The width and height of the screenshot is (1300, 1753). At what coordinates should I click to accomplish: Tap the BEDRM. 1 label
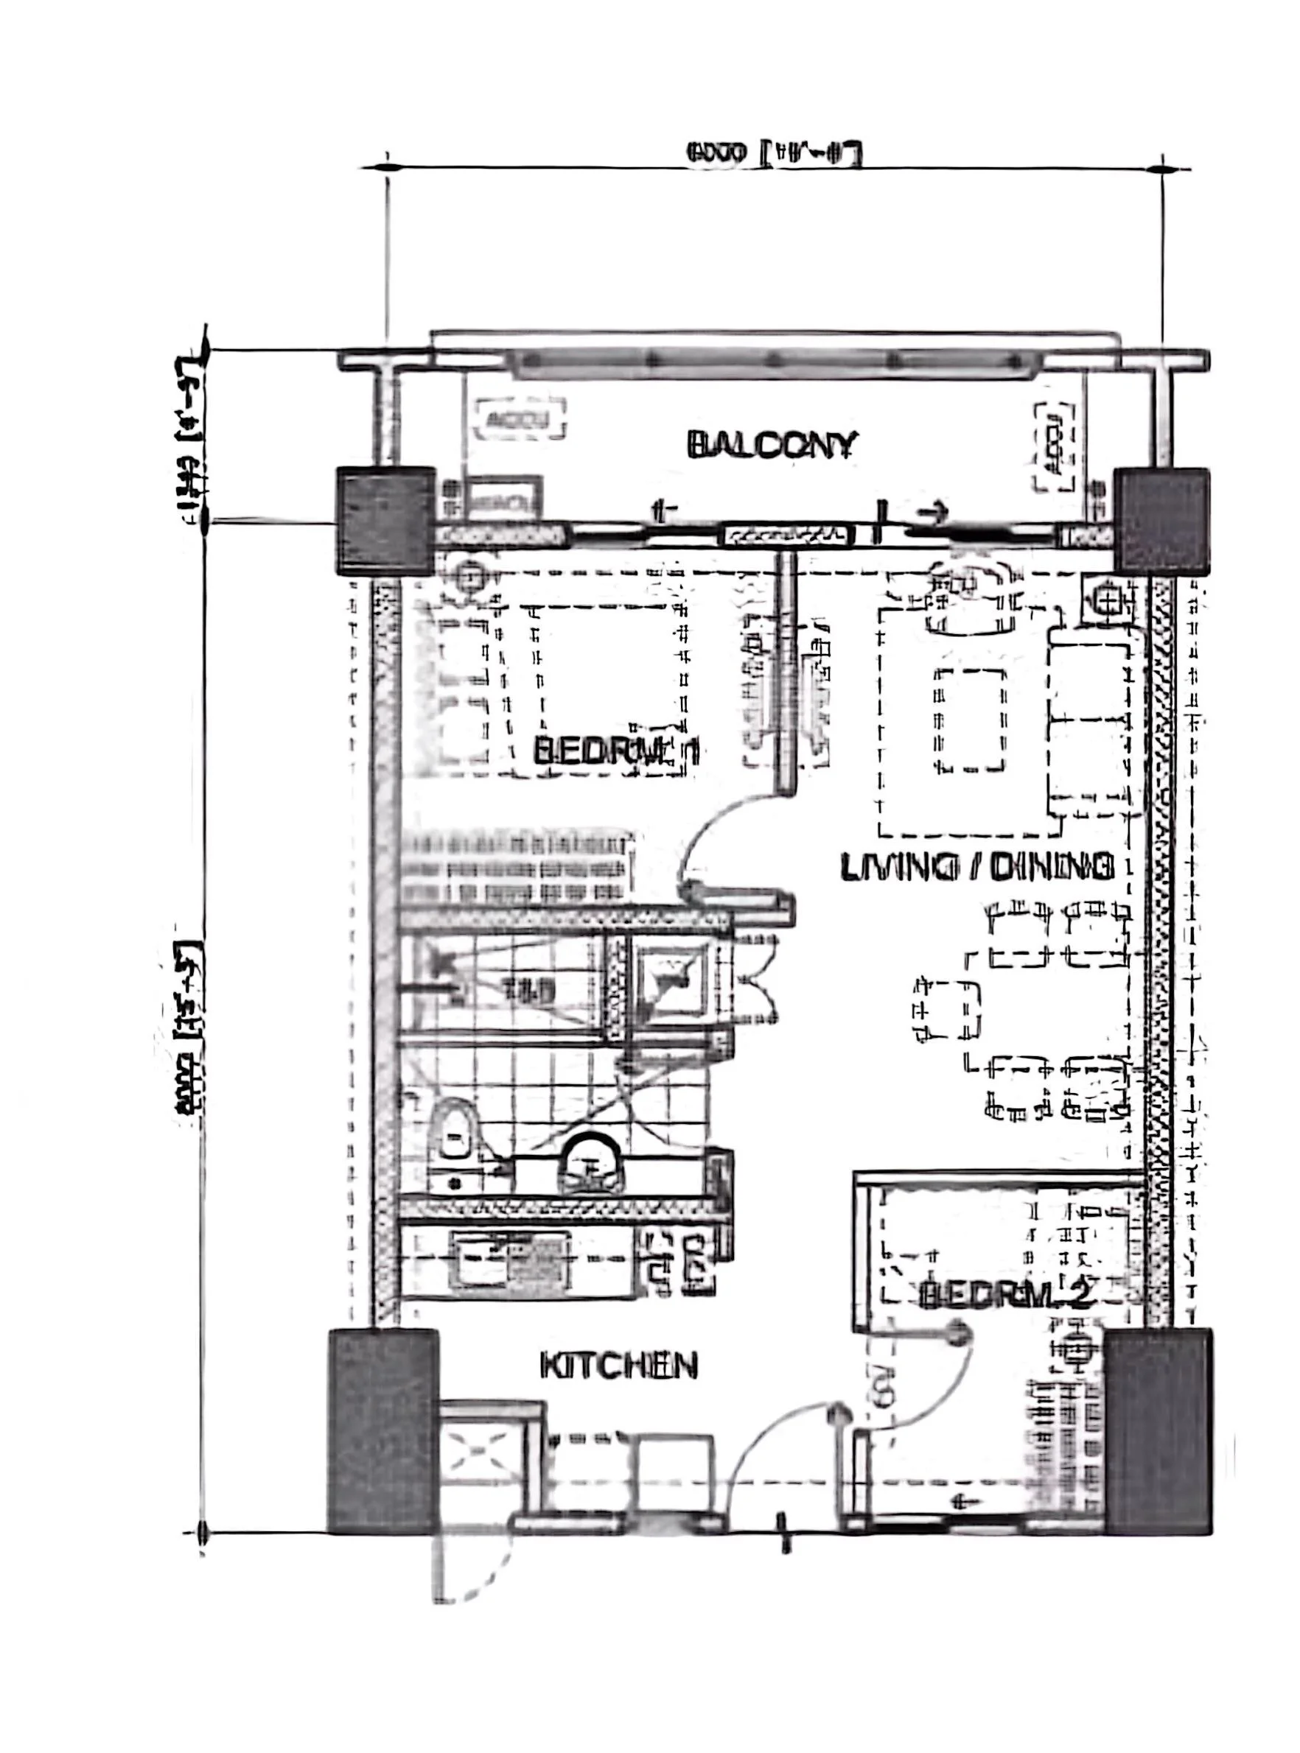(616, 752)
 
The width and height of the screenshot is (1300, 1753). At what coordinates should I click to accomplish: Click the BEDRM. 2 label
(1007, 1296)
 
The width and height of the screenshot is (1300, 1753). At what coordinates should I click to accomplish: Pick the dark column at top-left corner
(385, 520)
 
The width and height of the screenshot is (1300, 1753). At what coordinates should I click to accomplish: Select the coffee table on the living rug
(970, 719)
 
